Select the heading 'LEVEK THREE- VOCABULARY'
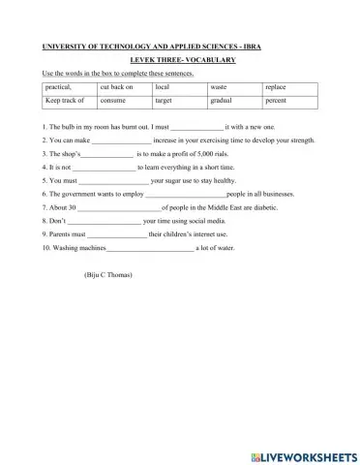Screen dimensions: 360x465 pyautogui.click(x=180, y=60)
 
